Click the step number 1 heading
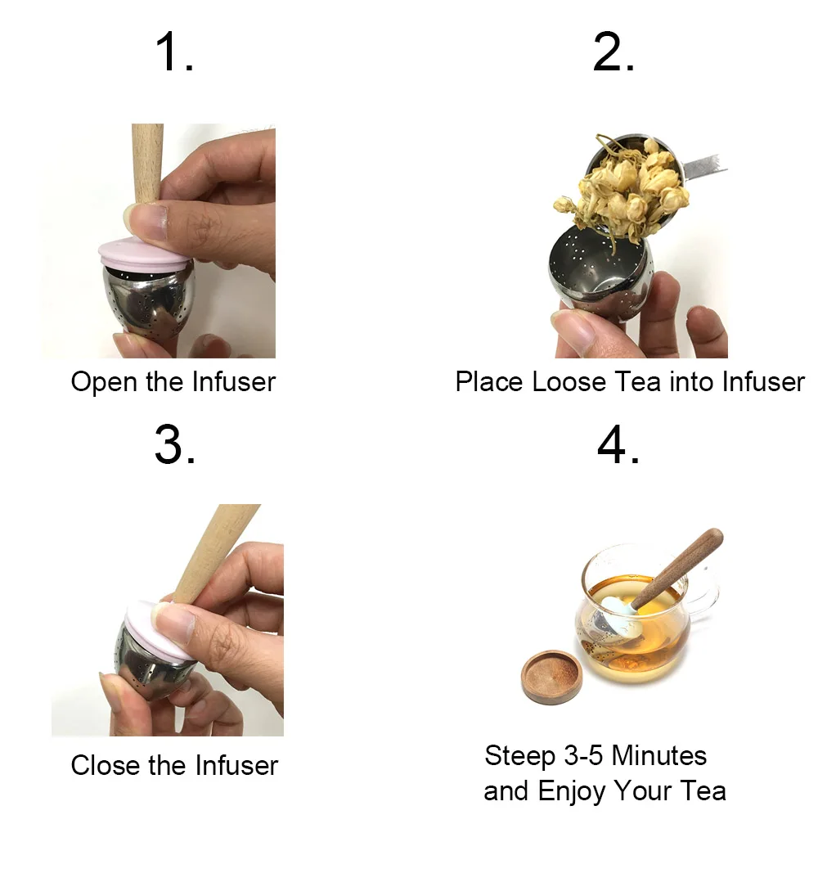pos(174,53)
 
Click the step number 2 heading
pos(613,53)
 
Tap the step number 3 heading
pos(174,446)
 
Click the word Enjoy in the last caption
pos(572,791)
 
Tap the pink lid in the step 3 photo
pos(160,630)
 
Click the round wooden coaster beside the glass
pos(551,677)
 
